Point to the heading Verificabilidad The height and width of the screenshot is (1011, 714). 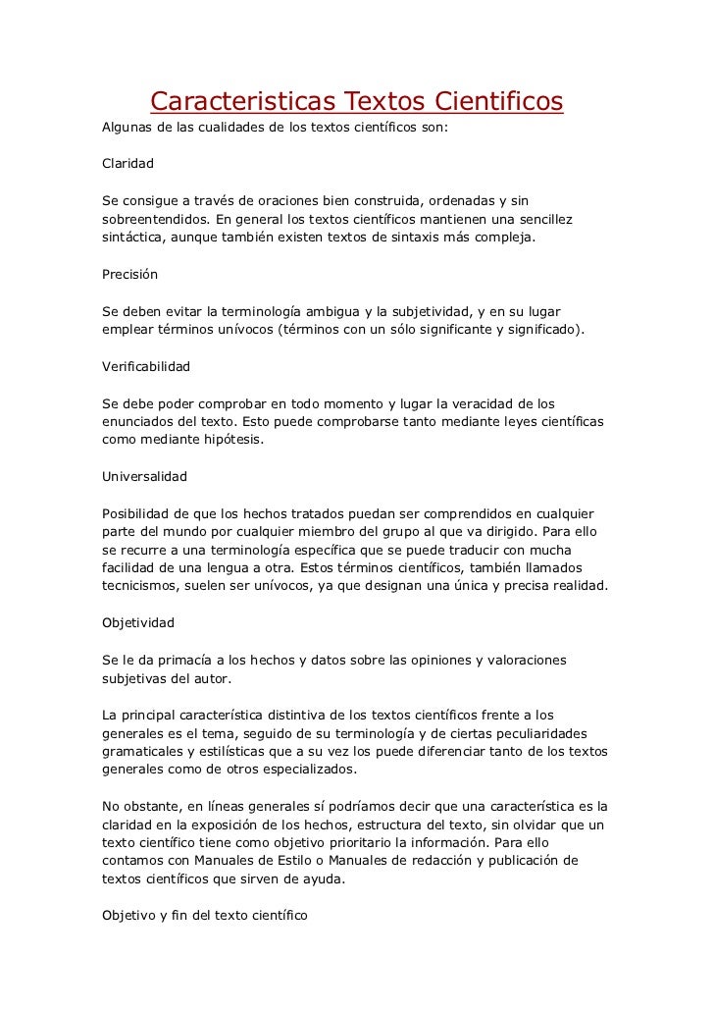(146, 366)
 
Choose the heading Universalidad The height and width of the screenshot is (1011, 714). (144, 477)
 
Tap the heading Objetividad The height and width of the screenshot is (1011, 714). (138, 622)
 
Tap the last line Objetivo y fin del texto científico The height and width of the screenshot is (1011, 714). (205, 916)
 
